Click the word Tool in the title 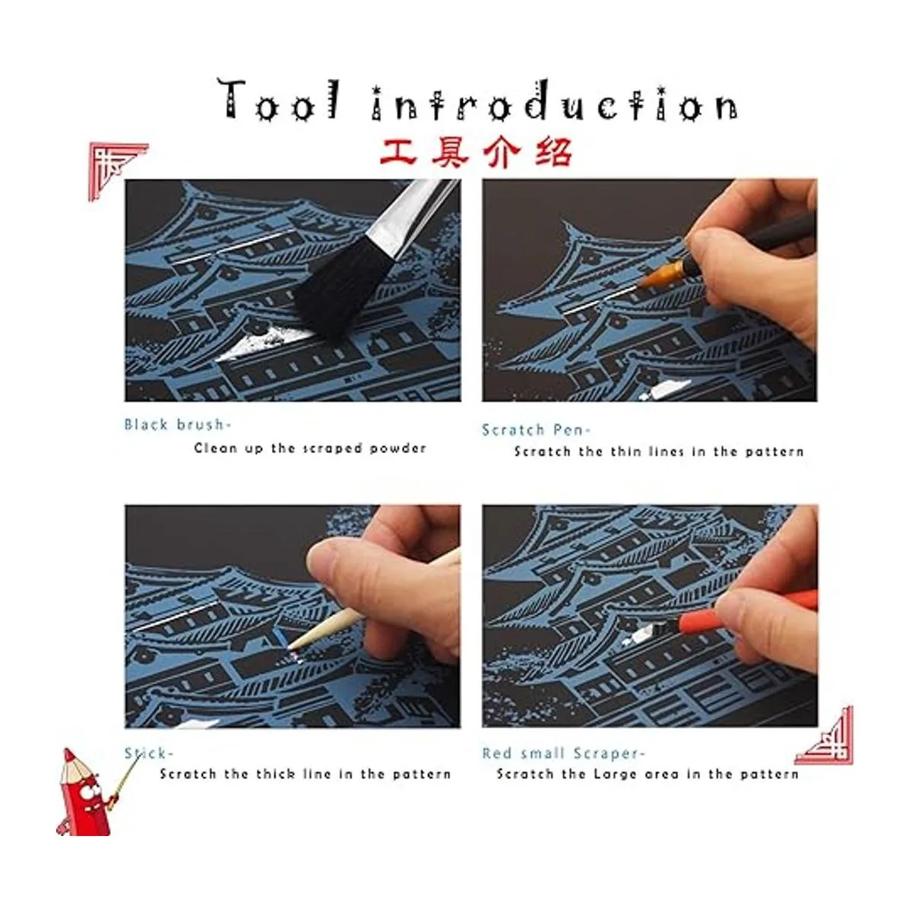(x=280, y=100)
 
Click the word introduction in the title (x=555, y=101)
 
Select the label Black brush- (x=178, y=424)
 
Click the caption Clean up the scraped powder (x=310, y=448)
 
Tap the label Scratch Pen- (x=537, y=429)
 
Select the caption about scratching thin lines (x=659, y=451)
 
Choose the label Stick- (x=149, y=753)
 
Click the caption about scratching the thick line (x=306, y=774)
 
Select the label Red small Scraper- (x=563, y=753)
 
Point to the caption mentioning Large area (x=648, y=774)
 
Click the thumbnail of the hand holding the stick (x=292, y=616)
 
